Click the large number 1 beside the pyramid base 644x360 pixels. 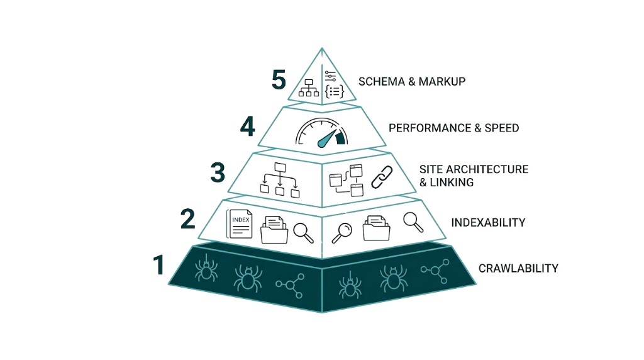(158, 265)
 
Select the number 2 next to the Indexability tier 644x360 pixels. (187, 218)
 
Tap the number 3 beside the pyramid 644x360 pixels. (218, 172)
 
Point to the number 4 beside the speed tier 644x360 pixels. (248, 127)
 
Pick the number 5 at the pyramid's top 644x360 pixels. (279, 81)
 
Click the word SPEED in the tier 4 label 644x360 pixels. (501, 128)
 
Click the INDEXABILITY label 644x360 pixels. (488, 223)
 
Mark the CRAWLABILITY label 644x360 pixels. (518, 268)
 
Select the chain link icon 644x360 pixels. (381, 177)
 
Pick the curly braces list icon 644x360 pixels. (333, 91)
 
